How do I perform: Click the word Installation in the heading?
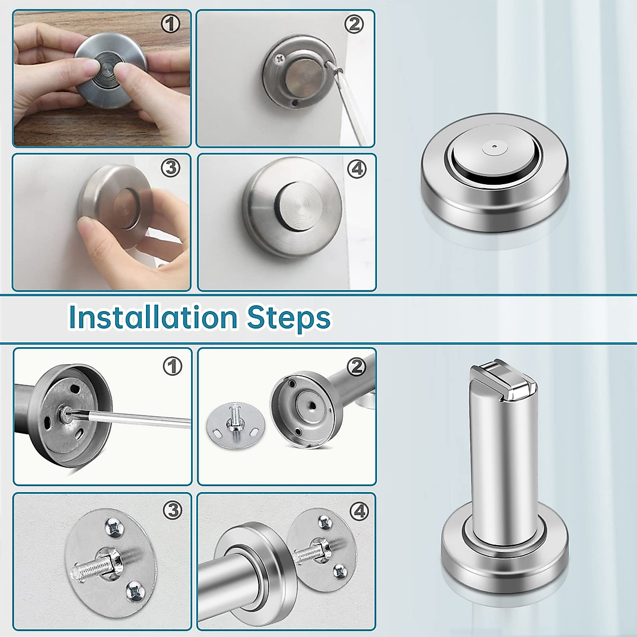pos(153,317)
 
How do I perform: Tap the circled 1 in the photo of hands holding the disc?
pos(170,24)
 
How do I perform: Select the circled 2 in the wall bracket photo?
pos(354,24)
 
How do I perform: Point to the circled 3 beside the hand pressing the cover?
pos(170,168)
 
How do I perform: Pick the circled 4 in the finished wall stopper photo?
pos(356,169)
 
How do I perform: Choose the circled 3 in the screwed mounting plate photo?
pos(172,510)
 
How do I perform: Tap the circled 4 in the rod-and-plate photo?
pos(359,511)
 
